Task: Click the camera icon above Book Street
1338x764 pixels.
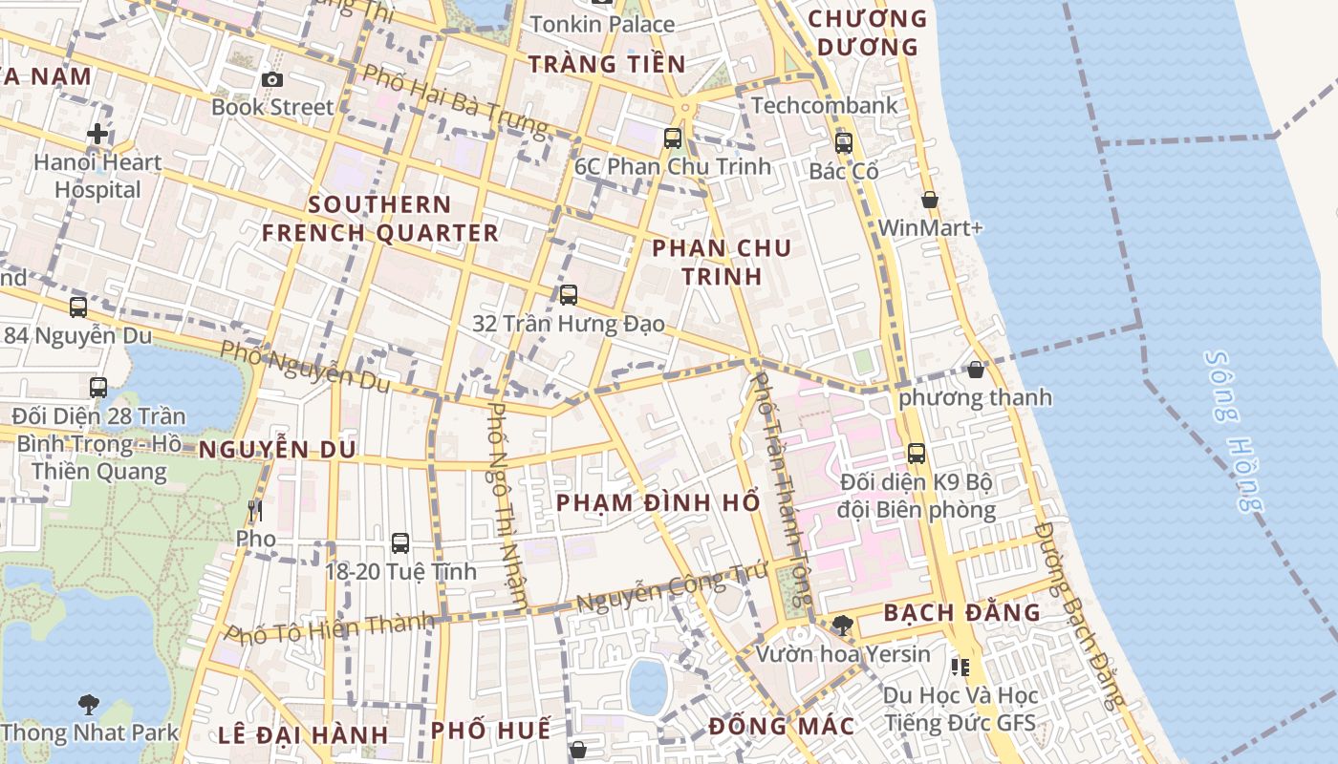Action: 272,79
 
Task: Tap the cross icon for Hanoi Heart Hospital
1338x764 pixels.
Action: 97,134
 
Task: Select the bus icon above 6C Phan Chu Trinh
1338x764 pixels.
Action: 673,138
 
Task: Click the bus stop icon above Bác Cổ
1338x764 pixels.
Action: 843,143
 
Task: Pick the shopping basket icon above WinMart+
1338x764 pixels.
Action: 929,200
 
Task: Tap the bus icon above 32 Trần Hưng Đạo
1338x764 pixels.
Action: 569,294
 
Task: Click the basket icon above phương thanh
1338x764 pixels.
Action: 975,369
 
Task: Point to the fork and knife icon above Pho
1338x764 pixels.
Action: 254,511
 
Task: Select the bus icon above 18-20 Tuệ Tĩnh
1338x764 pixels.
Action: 400,543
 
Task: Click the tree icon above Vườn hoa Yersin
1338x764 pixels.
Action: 842,626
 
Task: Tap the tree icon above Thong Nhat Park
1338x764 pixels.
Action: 88,705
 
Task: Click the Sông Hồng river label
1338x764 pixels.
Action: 1234,431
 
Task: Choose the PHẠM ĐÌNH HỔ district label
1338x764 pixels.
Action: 658,502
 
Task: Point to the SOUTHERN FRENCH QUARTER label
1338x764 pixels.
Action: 380,219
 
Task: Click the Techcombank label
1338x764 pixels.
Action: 825,105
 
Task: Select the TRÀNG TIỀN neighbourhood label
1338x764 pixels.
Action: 607,64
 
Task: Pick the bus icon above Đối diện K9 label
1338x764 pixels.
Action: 916,453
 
